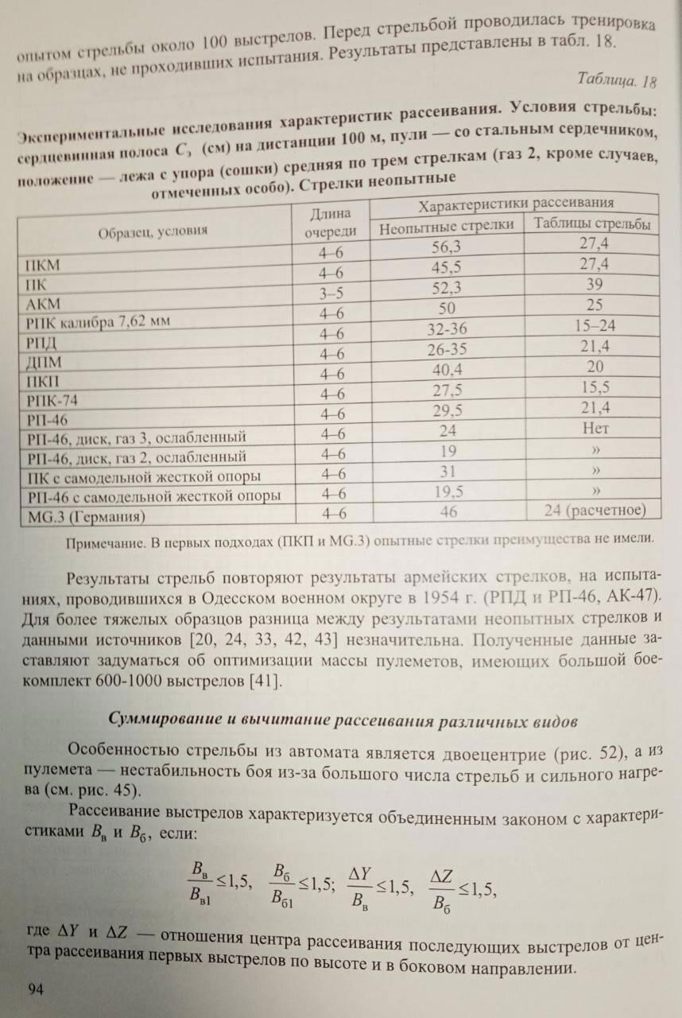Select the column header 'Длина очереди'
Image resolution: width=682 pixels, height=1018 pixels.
pyautogui.click(x=330, y=223)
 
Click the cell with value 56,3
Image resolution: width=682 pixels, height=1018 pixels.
pyautogui.click(x=446, y=247)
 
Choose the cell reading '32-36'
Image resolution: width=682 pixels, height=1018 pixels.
pyautogui.click(x=448, y=328)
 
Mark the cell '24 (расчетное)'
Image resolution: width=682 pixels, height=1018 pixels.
pyautogui.click(x=595, y=510)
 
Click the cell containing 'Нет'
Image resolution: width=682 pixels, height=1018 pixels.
pyautogui.click(x=595, y=429)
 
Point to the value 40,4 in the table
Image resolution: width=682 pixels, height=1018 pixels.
pyautogui.click(x=448, y=369)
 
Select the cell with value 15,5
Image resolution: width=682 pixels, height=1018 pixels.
pyautogui.click(x=595, y=388)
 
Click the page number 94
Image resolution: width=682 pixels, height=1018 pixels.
pyautogui.click(x=35, y=989)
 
